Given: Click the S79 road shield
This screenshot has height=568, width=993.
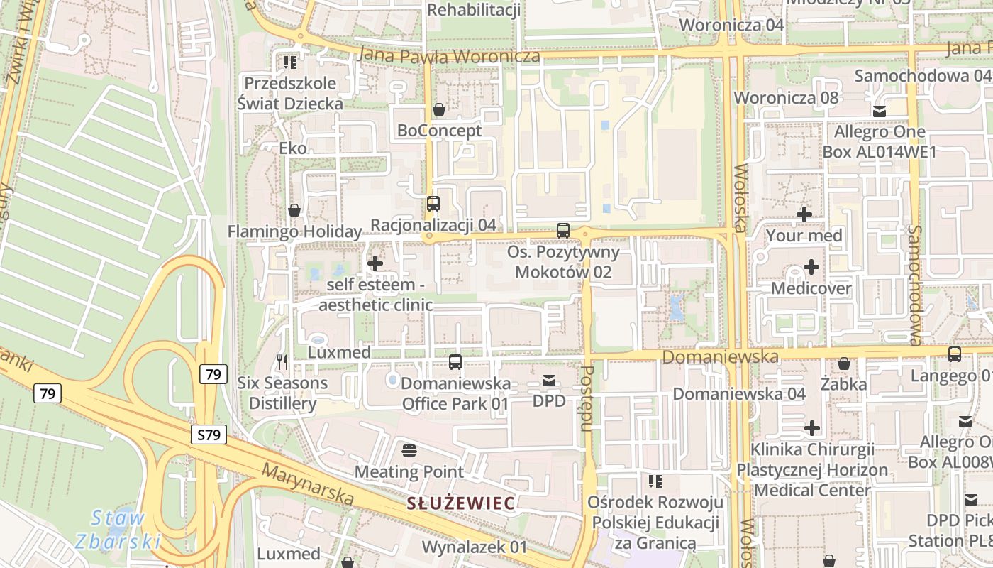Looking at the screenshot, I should [209, 435].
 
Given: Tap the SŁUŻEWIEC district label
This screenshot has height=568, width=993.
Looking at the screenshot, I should [460, 503].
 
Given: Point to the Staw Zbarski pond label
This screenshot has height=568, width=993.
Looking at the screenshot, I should [118, 530].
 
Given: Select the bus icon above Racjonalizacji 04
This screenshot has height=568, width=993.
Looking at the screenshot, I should [433, 204].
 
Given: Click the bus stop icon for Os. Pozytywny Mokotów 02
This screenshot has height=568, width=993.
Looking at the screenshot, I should [563, 231].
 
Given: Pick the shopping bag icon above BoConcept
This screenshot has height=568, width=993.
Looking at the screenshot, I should [439, 109].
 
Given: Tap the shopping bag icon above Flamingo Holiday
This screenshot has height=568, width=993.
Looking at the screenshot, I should [294, 210].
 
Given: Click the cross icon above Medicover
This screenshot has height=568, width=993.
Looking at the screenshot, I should [811, 268].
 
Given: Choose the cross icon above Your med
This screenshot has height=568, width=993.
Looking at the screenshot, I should [804, 214].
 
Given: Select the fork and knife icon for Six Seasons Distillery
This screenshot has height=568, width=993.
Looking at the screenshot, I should [282, 362].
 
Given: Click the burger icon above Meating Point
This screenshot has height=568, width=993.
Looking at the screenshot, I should [409, 450].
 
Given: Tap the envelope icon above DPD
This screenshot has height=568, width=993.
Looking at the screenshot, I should [549, 381].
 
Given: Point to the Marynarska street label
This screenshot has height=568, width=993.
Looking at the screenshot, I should [308, 485].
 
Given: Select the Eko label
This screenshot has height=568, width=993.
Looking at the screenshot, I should [293, 148].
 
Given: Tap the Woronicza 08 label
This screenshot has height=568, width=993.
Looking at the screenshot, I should [786, 97].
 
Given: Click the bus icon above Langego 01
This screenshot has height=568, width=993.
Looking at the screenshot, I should [955, 354].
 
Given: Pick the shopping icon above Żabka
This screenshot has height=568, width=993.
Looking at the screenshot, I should [844, 364].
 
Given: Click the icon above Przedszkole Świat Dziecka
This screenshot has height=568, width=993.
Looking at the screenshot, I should [289, 62].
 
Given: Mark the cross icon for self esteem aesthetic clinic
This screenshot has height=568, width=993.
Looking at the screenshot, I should [375, 263].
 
